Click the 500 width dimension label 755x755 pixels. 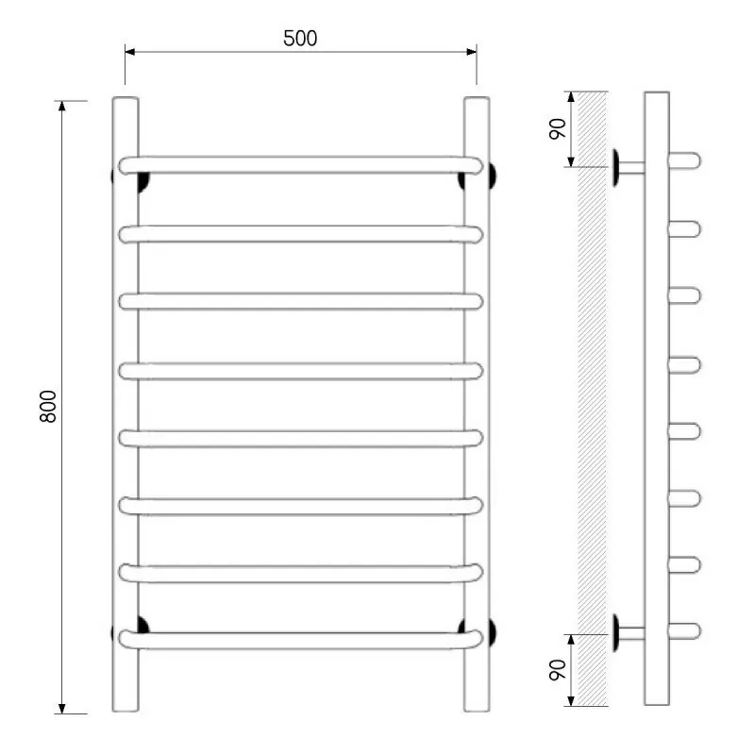tap(300, 39)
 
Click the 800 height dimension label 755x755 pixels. tap(48, 407)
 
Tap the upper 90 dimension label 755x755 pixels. tap(558, 128)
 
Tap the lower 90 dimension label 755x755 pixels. tap(558, 670)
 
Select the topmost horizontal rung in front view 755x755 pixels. tap(300, 165)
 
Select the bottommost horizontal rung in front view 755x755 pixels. tap(300, 640)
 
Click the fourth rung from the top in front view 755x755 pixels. tap(300, 371)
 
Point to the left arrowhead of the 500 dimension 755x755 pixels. tap(129, 52)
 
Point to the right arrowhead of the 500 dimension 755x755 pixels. tap(471, 52)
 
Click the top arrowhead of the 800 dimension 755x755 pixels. tap(61, 106)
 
